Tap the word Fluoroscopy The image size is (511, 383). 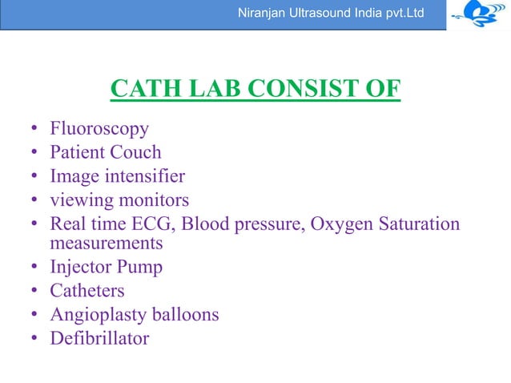[x=99, y=129]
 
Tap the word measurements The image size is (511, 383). [x=106, y=242]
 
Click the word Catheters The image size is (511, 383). [x=87, y=291]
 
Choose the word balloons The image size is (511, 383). [x=186, y=314]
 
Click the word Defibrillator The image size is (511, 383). [x=99, y=338]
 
